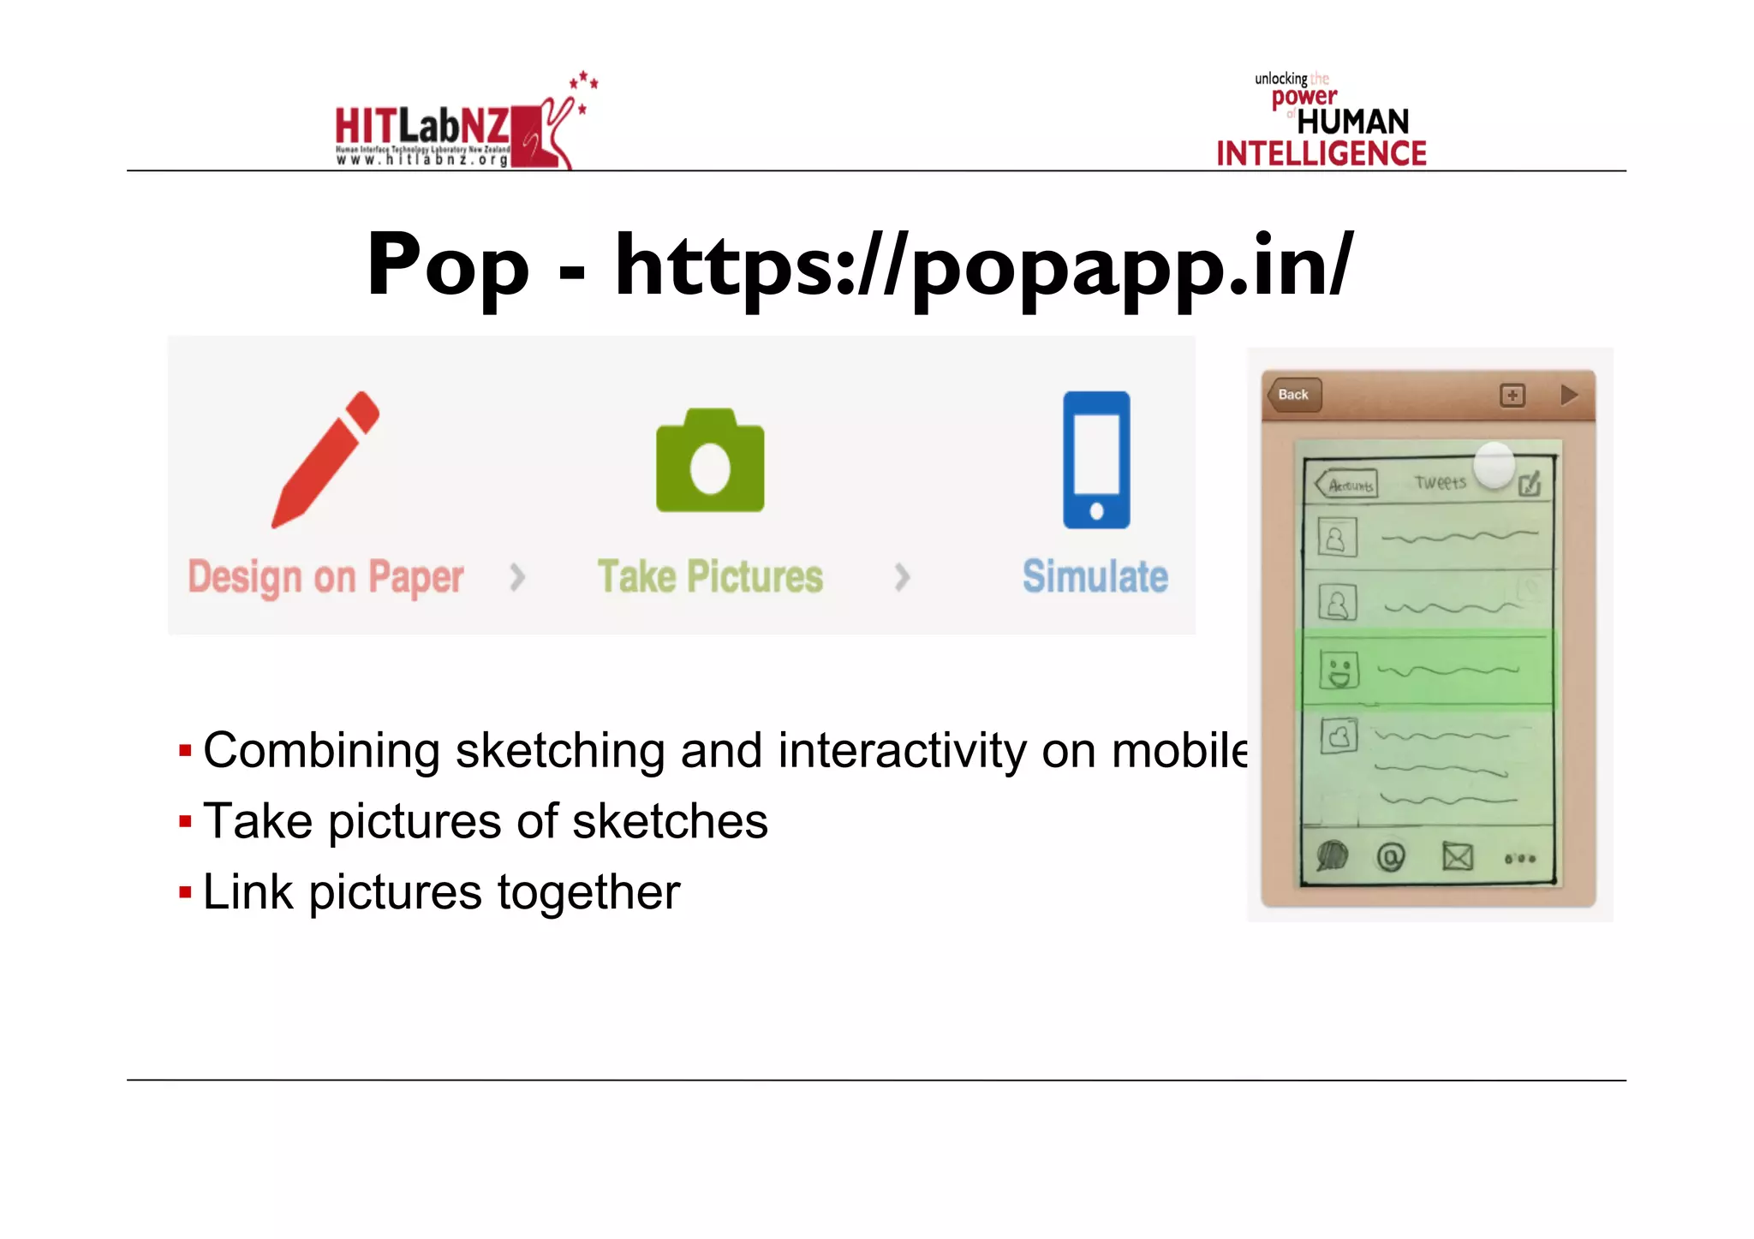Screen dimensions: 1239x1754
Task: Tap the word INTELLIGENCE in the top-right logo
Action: (1321, 154)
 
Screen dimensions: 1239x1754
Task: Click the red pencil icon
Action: (325, 459)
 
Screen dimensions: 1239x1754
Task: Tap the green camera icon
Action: (710, 462)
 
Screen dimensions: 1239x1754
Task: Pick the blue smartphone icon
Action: (1096, 460)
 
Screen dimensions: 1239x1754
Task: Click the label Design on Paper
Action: (325, 577)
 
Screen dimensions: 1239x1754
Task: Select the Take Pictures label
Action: (710, 576)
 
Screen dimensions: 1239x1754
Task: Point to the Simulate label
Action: (1095, 576)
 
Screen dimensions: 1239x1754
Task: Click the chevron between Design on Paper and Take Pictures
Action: (516, 577)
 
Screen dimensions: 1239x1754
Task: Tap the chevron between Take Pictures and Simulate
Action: (902, 577)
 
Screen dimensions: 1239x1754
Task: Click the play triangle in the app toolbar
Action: (1568, 395)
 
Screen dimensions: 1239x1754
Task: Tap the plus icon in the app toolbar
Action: (1512, 396)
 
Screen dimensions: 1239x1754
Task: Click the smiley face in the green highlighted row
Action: (1339, 670)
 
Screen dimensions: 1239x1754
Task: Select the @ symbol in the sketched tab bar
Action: (1391, 856)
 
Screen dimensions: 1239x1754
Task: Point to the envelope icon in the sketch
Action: (1457, 855)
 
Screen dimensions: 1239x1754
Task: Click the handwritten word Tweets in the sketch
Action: (1441, 483)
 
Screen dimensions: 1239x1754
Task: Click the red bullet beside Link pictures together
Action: (185, 893)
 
